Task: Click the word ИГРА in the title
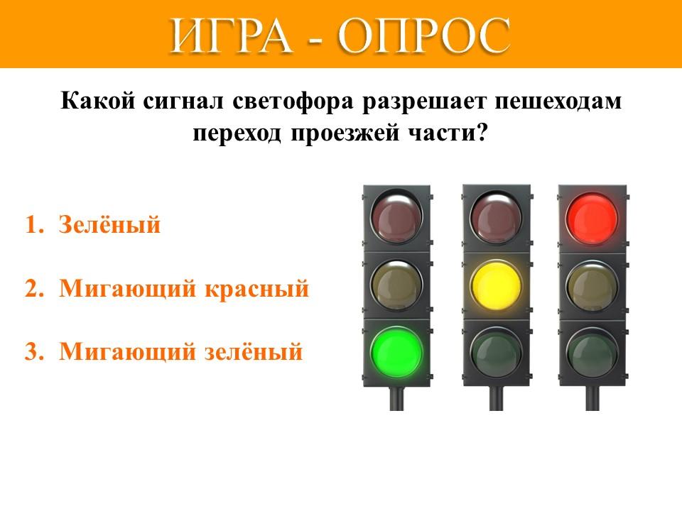231,35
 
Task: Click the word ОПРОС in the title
423,35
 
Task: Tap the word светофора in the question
293,101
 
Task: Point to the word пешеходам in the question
558,101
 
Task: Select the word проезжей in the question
345,133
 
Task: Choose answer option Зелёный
109,225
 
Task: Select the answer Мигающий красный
184,288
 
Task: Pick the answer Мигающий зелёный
181,351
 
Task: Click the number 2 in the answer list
33,289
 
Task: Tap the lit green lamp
396,353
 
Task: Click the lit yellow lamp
496,286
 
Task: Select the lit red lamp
592,219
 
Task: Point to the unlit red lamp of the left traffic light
396,216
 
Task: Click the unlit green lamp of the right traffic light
592,353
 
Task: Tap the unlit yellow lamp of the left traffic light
396,285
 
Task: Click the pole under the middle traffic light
497,398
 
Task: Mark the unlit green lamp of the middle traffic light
496,353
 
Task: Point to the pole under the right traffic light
592,398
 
